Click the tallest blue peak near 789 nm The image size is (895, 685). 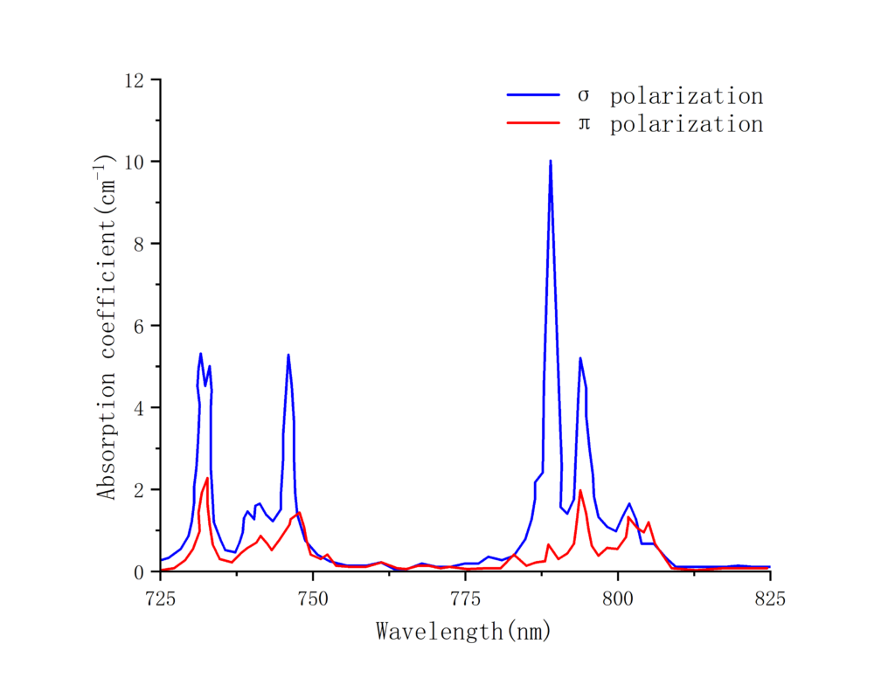coord(551,162)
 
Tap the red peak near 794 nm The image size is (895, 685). coord(580,491)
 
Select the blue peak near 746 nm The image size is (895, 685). coord(288,356)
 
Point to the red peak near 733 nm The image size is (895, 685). coord(207,479)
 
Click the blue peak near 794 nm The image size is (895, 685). coord(579,358)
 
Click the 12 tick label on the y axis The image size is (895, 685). coord(136,80)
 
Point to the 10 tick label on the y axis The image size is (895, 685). coord(136,162)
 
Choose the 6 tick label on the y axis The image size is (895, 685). coord(141,326)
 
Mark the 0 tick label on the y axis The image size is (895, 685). coord(141,572)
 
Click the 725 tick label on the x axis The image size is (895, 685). coord(161,599)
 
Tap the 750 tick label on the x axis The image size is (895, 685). coord(313,599)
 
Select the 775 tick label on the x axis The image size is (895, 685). coord(465,599)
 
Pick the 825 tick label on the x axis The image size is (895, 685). coord(769,599)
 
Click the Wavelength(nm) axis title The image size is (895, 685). coord(464,630)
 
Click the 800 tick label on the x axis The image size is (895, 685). coord(617,599)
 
